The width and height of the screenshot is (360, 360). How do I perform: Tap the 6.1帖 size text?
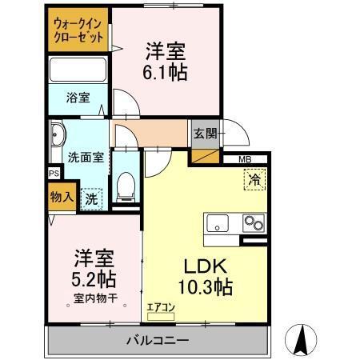coord(166,72)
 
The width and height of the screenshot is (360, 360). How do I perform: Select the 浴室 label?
coord(77,98)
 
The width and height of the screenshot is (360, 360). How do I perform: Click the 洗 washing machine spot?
coord(92,198)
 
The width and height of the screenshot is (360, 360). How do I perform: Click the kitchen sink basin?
coord(218,222)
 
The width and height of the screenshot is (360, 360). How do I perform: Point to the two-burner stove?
coord(254,222)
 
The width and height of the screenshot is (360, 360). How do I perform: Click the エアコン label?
coord(160,306)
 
